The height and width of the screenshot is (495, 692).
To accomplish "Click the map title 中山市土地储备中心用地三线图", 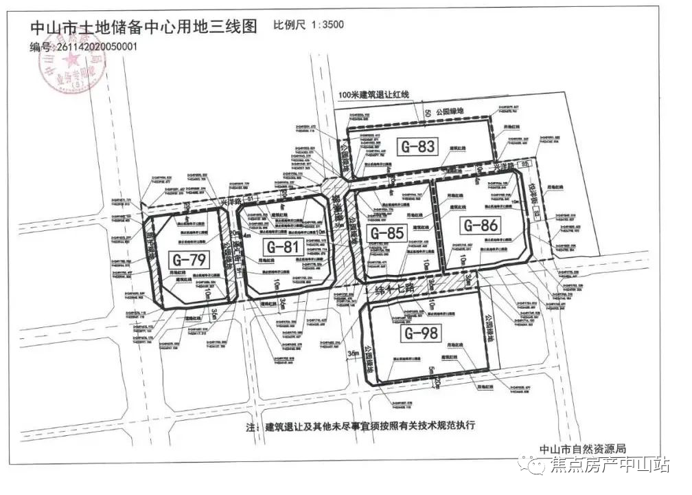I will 143,27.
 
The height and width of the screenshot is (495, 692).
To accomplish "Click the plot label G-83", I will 417,146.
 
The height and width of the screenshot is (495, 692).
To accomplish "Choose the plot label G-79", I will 189,261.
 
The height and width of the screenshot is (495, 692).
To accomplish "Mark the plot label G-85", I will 387,233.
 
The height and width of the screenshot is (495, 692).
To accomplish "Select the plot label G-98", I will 421,334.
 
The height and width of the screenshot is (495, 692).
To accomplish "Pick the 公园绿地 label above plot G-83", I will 451,111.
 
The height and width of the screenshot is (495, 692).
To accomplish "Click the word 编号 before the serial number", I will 41,48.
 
